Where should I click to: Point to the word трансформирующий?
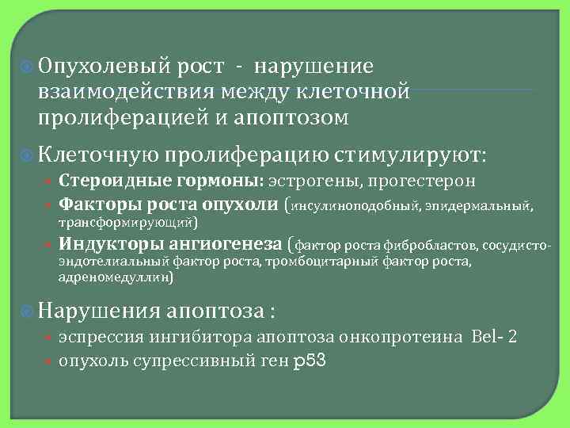[126, 222]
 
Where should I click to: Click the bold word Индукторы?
[104, 243]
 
